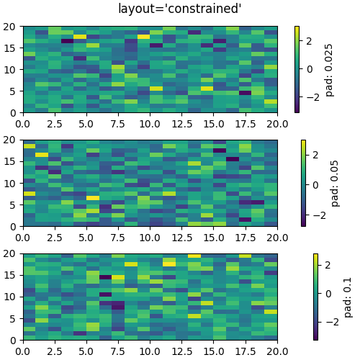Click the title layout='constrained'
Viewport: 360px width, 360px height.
[180, 9]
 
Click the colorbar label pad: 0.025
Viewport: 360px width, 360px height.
[330, 69]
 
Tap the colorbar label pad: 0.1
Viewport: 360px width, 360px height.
[348, 296]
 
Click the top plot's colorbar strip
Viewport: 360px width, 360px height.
[297, 69]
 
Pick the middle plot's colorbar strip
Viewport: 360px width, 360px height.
[303, 183]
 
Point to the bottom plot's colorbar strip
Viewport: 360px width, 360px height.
[316, 296]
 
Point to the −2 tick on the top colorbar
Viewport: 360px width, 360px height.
[312, 96]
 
